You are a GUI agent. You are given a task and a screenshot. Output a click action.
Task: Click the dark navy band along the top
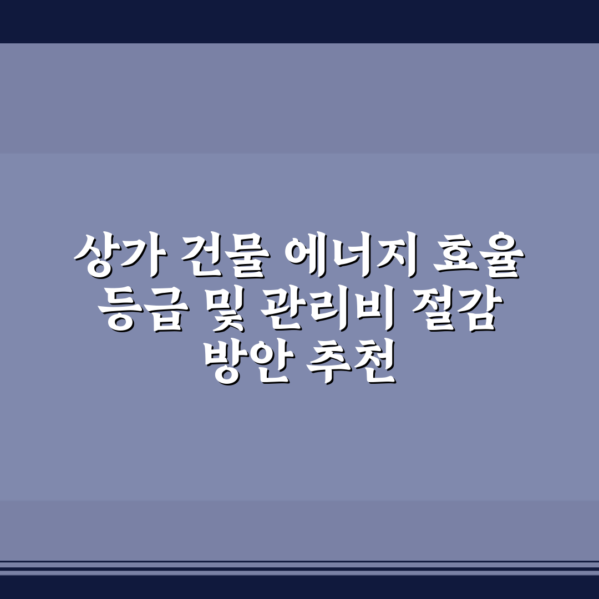[299, 21]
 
